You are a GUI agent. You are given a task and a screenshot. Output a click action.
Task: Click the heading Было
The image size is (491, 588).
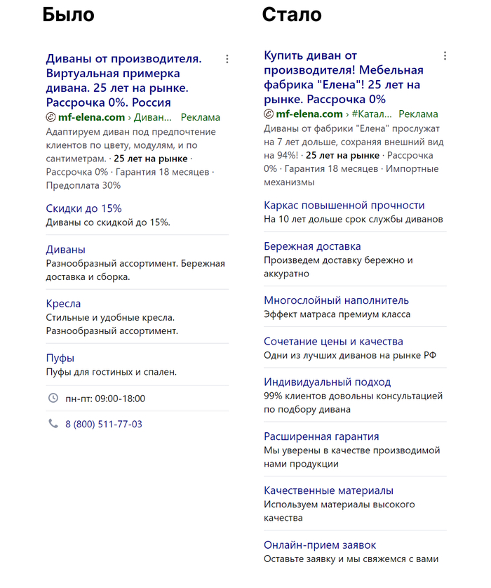pos(68,15)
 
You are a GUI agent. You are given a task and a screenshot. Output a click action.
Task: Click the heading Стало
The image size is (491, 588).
pos(292,15)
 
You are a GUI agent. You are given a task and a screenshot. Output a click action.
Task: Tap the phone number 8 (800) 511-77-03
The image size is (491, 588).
pos(104,425)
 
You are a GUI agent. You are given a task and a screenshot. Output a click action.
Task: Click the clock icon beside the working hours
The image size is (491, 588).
pos(53,399)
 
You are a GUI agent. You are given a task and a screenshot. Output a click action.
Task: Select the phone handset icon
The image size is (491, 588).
pos(53,424)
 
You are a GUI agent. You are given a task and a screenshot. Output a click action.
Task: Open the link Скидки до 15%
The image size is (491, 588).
pos(83,208)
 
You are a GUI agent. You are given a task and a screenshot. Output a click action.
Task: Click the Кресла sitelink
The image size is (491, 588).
pos(63,304)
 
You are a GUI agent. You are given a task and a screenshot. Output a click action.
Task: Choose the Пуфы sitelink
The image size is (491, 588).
pos(60,359)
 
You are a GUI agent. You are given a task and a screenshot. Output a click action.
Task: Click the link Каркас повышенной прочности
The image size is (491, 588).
pos(344,206)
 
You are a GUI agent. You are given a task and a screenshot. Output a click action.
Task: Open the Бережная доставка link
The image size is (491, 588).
pos(312,246)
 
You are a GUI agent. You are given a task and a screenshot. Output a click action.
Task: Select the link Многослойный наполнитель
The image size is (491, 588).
pos(336,300)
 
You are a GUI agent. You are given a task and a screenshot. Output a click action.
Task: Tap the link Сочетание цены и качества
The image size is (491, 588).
pos(333,342)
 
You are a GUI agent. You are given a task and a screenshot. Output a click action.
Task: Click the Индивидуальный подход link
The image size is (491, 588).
pos(327,382)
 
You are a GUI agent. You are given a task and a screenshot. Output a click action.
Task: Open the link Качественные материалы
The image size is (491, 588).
pos(328,491)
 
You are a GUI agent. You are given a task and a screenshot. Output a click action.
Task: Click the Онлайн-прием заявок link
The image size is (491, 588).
pos(320,545)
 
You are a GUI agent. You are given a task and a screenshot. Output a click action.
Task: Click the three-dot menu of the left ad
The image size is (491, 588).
pos(227,60)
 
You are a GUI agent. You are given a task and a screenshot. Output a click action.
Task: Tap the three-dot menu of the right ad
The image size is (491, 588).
pos(445,56)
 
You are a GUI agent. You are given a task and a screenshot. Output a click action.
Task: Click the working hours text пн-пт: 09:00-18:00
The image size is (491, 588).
pos(105,399)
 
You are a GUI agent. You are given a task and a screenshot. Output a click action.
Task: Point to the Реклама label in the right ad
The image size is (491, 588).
pos(418,114)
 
